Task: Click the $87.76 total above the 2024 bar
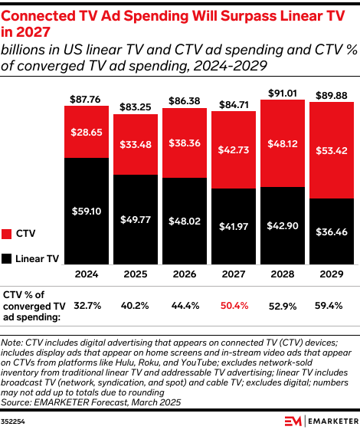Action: (86, 99)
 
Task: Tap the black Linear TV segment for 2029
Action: (331, 230)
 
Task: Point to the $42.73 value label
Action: (233, 149)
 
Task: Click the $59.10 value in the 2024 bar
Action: (86, 210)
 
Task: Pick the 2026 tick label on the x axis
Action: (184, 274)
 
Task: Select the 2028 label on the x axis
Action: (282, 274)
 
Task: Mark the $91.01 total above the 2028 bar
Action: (282, 93)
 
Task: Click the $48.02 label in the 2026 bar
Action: (184, 221)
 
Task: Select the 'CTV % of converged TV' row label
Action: (34, 301)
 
